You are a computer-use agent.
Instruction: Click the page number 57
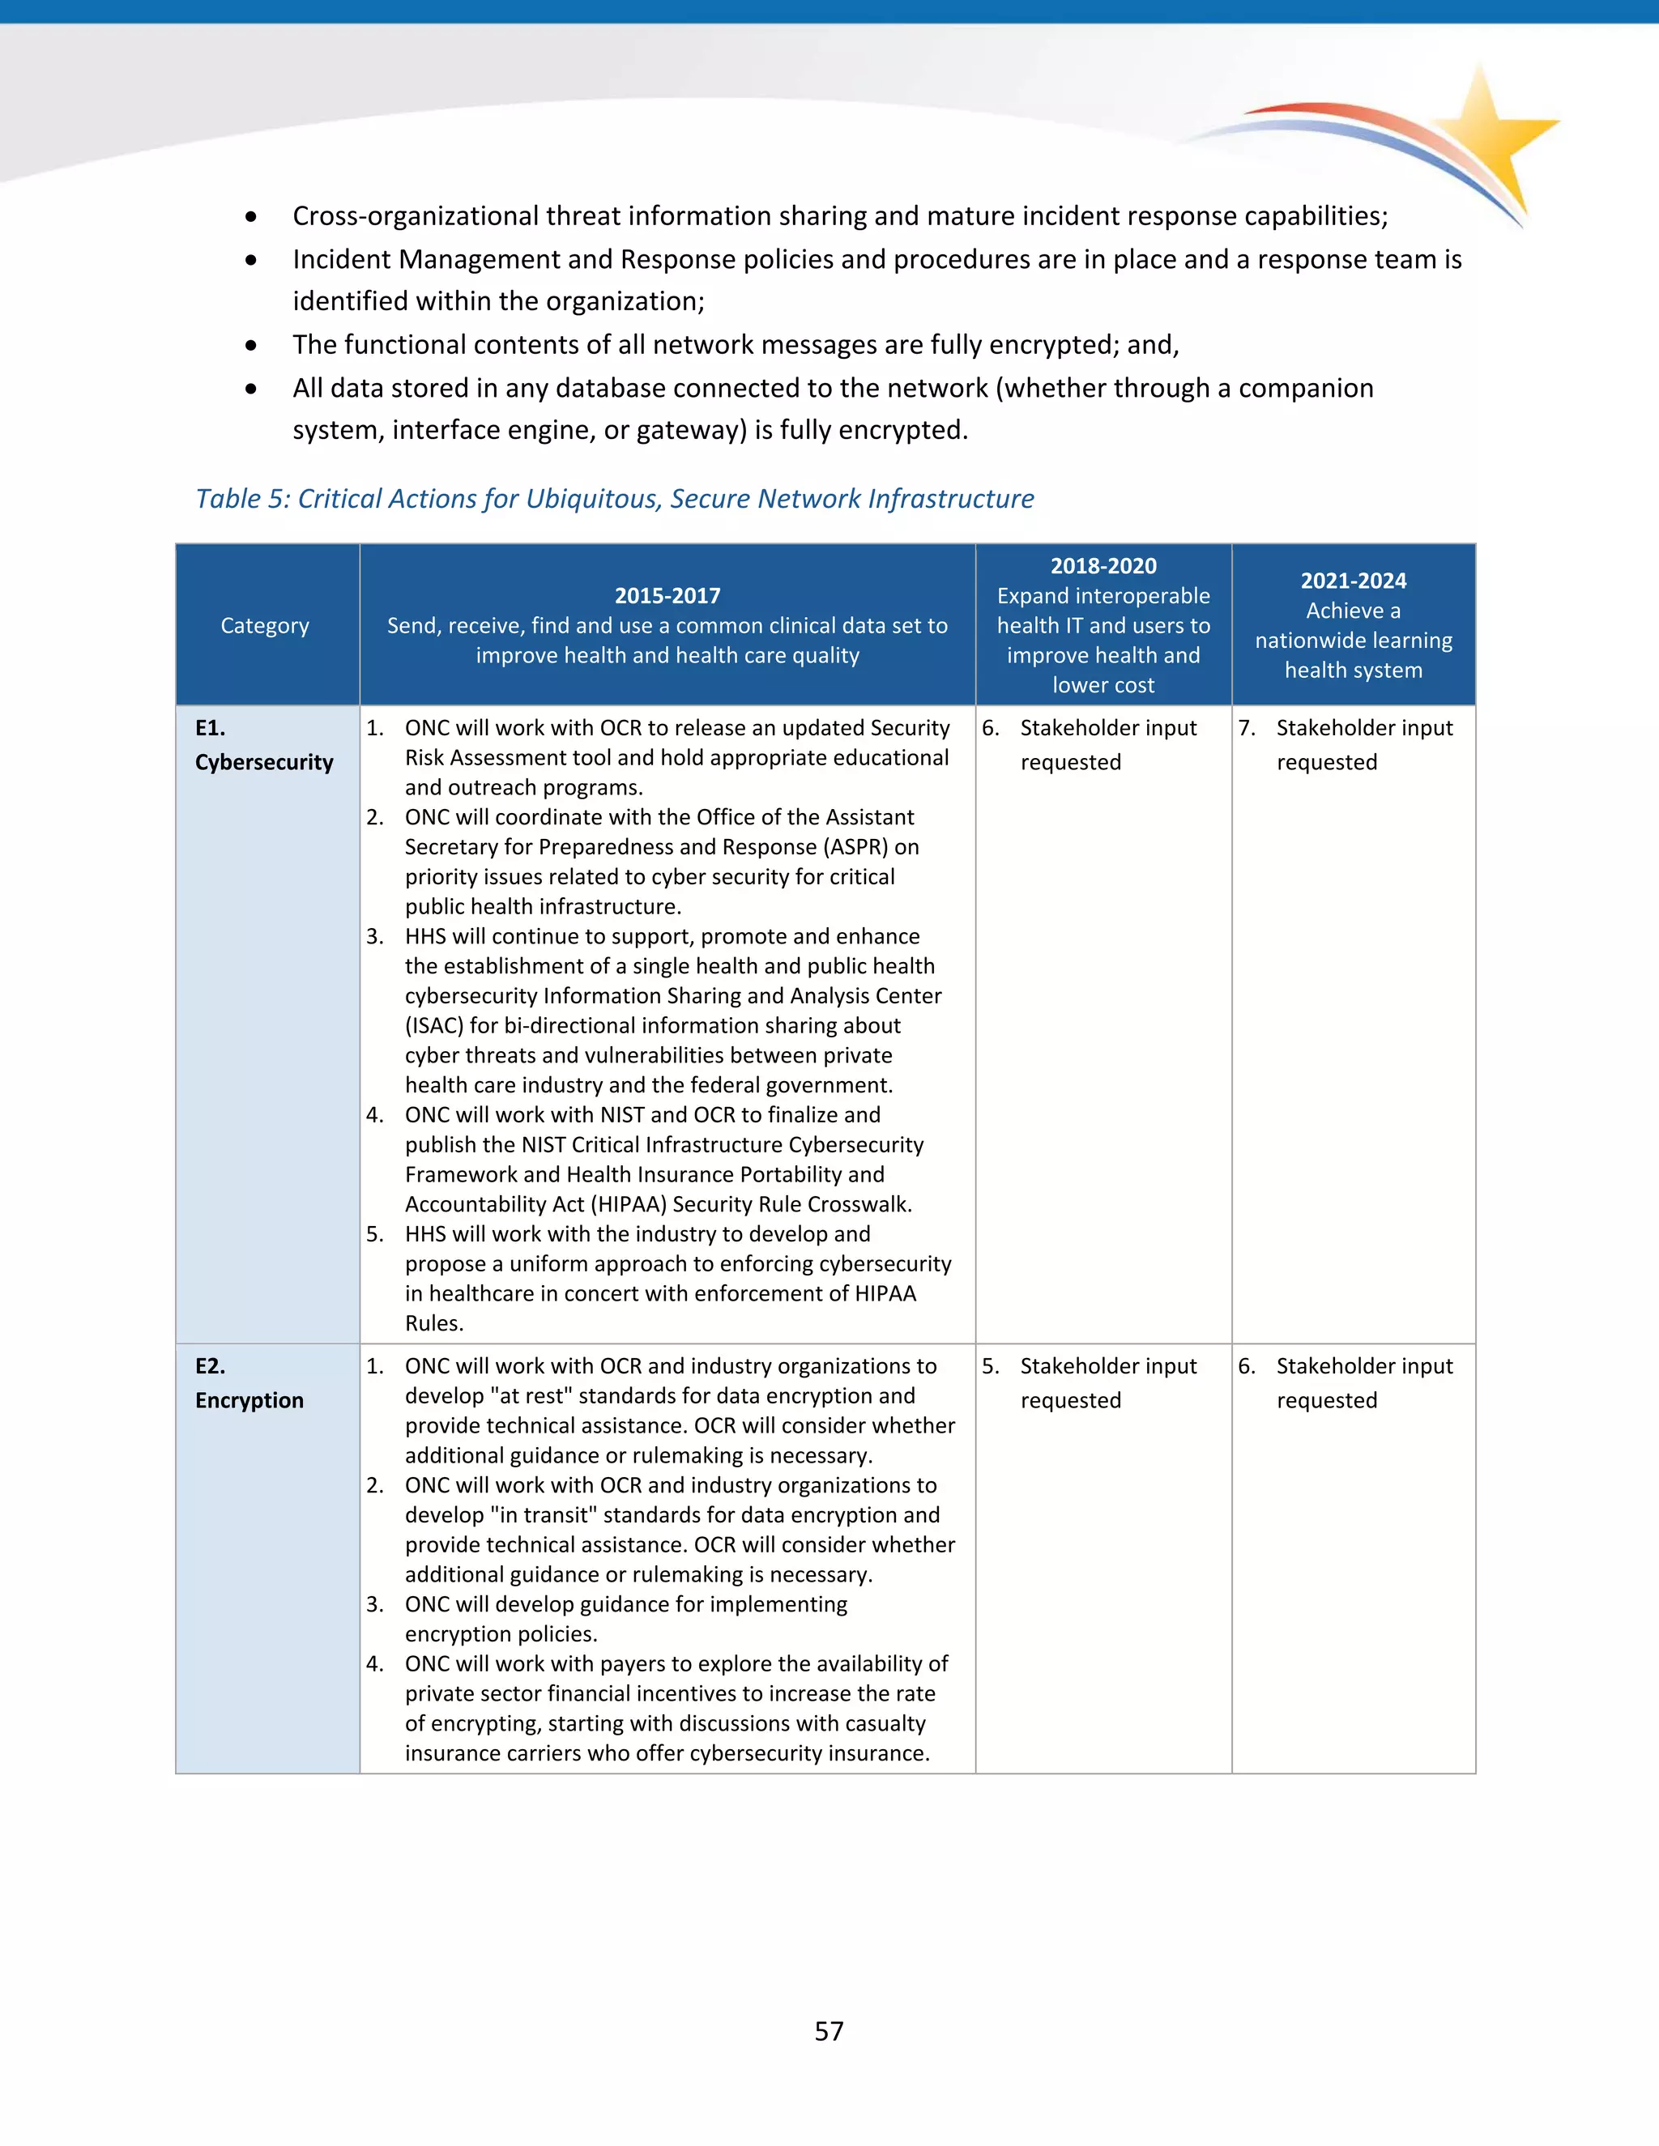[x=829, y=2031]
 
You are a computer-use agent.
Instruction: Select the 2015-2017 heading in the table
[x=667, y=595]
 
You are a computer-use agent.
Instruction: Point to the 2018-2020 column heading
[x=1102, y=566]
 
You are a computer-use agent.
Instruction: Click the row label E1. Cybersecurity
[x=263, y=746]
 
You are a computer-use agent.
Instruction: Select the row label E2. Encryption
[x=249, y=1383]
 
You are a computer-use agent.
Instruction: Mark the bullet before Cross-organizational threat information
[x=252, y=216]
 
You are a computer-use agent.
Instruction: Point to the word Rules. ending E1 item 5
[x=433, y=1323]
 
